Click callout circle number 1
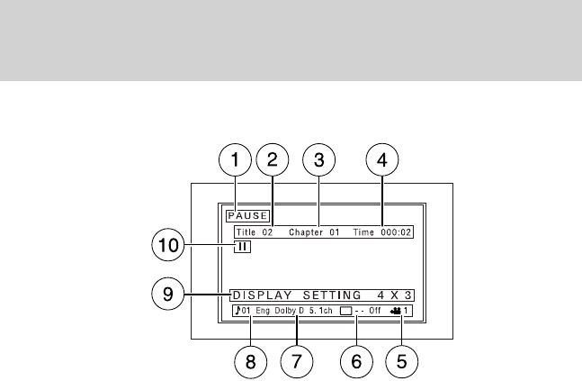pyautogui.click(x=235, y=161)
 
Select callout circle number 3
pyautogui.click(x=318, y=161)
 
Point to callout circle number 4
pyautogui.click(x=381, y=161)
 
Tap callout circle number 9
pyautogui.click(x=168, y=293)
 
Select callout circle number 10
pyautogui.click(x=168, y=244)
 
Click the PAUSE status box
pyautogui.click(x=247, y=216)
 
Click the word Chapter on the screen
pyautogui.click(x=305, y=231)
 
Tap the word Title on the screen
pyautogui.click(x=245, y=231)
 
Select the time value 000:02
pyautogui.click(x=398, y=231)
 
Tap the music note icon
pyautogui.click(x=236, y=311)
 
